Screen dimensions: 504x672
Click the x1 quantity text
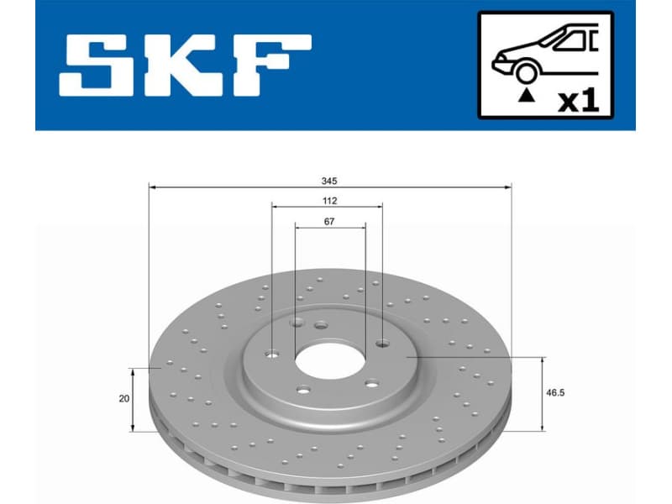point(577,101)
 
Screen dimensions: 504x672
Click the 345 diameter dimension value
point(329,181)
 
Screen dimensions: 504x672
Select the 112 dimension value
point(329,201)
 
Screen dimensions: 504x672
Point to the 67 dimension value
point(329,222)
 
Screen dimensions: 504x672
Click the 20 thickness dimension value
point(124,399)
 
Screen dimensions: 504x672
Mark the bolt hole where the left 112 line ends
point(272,353)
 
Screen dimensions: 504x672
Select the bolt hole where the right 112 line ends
point(382,342)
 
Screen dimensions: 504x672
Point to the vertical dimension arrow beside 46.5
point(543,393)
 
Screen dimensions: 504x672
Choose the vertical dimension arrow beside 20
point(133,399)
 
